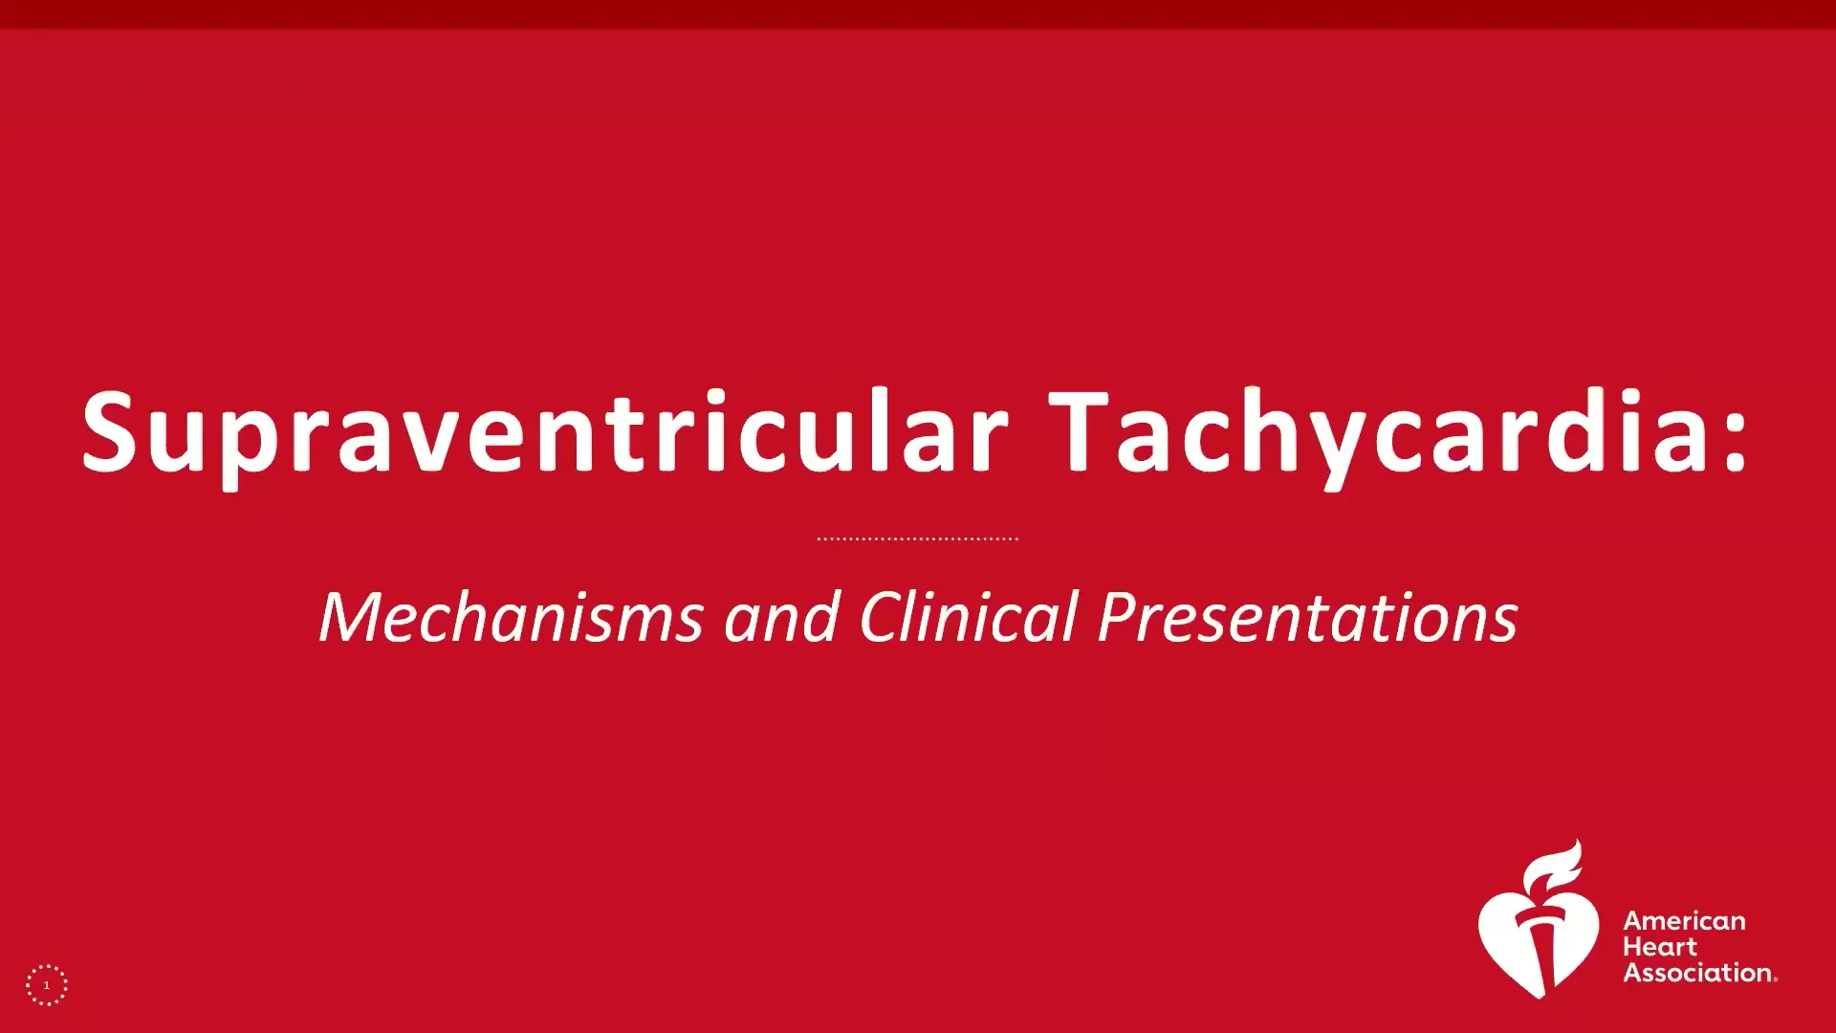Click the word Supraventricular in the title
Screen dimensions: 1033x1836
545,432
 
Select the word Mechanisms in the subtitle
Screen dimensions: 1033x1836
511,617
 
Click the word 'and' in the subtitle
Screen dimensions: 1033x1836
781,617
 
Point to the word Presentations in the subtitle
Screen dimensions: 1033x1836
1307,617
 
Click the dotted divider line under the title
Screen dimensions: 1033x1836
918,538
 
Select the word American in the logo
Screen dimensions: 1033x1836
1684,921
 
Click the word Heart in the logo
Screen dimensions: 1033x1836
1660,947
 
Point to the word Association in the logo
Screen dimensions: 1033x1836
1697,973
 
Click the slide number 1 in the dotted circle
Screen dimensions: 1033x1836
46,985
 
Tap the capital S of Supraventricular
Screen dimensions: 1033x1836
109,432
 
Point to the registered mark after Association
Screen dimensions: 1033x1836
1776,978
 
